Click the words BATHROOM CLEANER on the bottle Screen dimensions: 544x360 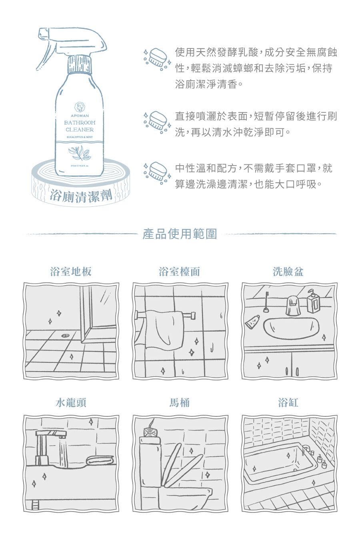coord(80,126)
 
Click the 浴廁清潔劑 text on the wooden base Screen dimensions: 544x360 coord(80,196)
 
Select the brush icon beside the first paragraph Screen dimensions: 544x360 coord(157,59)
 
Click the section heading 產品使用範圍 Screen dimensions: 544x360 coord(180,234)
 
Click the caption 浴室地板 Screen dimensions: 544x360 coord(71,272)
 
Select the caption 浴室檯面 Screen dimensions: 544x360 coord(180,272)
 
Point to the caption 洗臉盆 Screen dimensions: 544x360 coord(288,272)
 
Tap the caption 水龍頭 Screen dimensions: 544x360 coord(71,402)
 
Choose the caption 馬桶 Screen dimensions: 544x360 coord(180,402)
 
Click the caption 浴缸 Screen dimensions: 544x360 coord(288,402)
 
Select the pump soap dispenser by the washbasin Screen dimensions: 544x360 coord(313,302)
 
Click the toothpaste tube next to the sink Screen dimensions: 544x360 coord(252,322)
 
